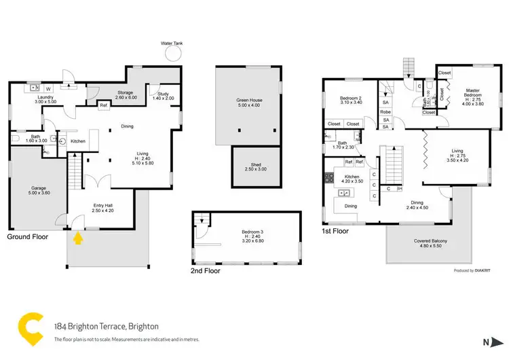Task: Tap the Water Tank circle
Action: pos(172,54)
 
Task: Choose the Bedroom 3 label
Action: pos(252,234)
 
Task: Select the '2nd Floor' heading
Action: pos(205,270)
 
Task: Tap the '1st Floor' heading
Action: pos(335,231)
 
